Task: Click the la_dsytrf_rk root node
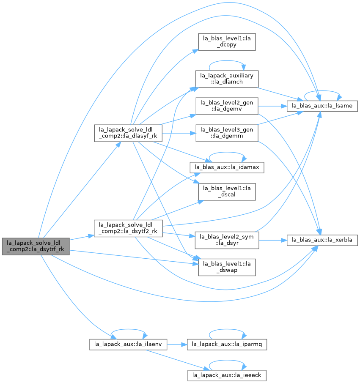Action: click(36, 246)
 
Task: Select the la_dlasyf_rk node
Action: click(128, 133)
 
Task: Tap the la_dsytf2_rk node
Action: click(128, 228)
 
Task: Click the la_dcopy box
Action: click(227, 42)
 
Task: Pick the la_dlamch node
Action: click(227, 79)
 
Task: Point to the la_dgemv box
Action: click(227, 106)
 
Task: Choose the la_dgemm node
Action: click(227, 133)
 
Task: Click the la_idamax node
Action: click(227, 167)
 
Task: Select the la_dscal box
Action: click(227, 192)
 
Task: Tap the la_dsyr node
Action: click(227, 241)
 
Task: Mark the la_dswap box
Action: click(227, 268)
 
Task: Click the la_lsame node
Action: click(322, 106)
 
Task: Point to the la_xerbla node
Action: click(322, 241)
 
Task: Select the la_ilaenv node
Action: click(128, 345)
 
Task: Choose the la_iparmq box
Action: click(227, 345)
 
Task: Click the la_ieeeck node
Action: click(227, 375)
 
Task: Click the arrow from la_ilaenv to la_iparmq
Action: click(177, 345)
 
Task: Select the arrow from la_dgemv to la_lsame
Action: click(272, 106)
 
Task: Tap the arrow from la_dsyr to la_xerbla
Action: click(273, 241)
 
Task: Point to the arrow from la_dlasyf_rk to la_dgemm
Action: click(179, 133)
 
